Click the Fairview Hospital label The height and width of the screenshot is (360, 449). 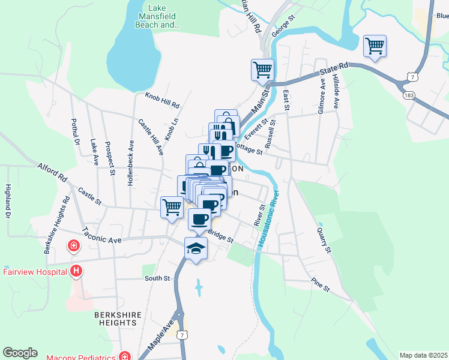pyautogui.click(x=34, y=272)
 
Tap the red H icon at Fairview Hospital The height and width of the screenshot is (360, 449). pyautogui.click(x=76, y=272)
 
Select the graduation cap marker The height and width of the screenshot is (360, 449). pyautogui.click(x=196, y=248)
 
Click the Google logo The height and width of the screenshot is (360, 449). pyautogui.click(x=20, y=353)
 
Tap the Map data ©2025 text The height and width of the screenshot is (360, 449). pyautogui.click(x=423, y=355)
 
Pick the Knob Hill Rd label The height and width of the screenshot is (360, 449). pyautogui.click(x=162, y=100)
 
